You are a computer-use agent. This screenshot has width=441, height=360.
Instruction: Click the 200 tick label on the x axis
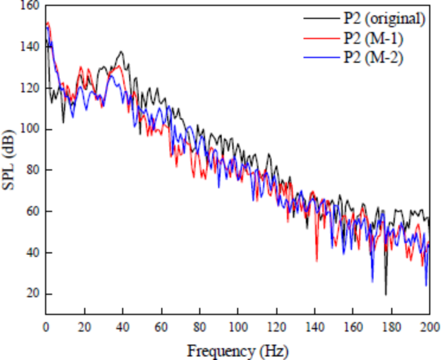pyautogui.click(x=429, y=325)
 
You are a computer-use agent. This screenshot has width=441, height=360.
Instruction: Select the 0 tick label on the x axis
pyautogui.click(x=46, y=325)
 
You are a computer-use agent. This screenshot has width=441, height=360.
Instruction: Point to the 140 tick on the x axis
pyautogui.click(x=314, y=325)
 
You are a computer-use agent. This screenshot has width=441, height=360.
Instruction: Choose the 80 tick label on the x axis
pyautogui.click(x=199, y=325)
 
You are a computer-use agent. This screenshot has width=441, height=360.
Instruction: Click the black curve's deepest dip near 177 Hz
pyautogui.click(x=386, y=294)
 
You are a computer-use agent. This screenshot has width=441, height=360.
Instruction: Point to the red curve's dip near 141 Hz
pyautogui.click(x=317, y=261)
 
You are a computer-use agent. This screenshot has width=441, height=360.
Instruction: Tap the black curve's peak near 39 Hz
pyautogui.click(x=120, y=52)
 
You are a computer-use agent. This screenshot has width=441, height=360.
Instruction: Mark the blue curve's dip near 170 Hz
pyautogui.click(x=372, y=281)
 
